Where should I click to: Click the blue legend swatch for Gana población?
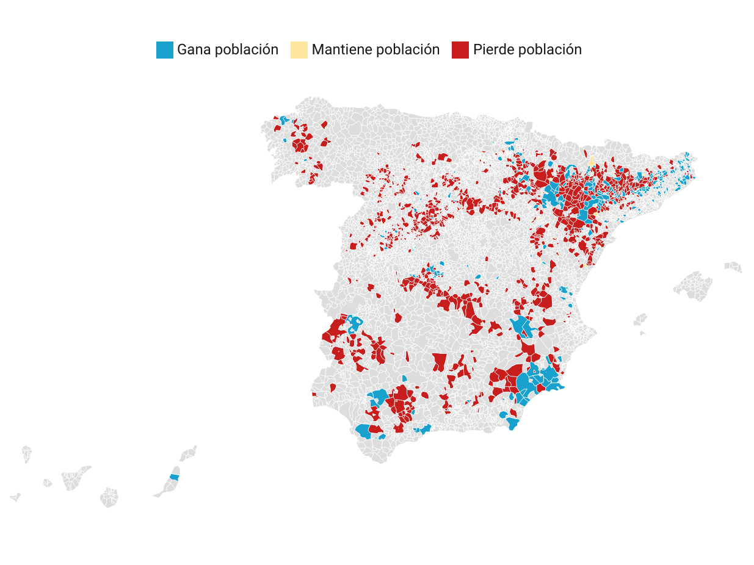pos(165,50)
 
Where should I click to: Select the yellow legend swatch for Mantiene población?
pos(299,50)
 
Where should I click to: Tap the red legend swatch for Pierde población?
pos(460,50)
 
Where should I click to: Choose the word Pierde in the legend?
pos(493,50)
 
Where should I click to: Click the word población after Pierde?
pos(549,50)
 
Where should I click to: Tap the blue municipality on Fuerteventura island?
pos(175,477)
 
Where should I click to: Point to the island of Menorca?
pos(733,267)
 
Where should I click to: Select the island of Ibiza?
pos(640,320)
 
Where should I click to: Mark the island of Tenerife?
pos(74,479)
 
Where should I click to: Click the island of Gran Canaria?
pos(109,497)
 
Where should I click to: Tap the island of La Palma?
pos(26,453)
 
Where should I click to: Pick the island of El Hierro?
pos(15,497)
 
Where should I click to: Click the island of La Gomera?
pos(48,483)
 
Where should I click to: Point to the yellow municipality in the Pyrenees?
pos(591,162)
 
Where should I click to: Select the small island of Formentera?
pos(643,334)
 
